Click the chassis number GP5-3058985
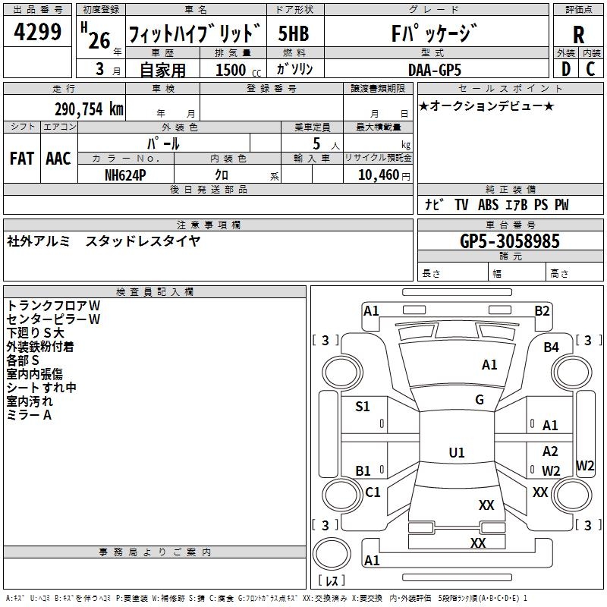(x=510, y=241)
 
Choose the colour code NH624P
(x=126, y=174)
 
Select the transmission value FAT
(x=21, y=159)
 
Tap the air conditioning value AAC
(x=58, y=159)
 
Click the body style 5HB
(x=293, y=33)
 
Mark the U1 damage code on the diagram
(x=457, y=453)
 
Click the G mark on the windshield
(x=480, y=400)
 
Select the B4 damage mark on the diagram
(x=551, y=347)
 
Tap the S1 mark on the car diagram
(x=363, y=407)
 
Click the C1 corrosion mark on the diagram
(x=373, y=492)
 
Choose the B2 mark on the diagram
(x=542, y=310)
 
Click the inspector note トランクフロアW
(x=53, y=305)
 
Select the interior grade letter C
(x=590, y=70)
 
